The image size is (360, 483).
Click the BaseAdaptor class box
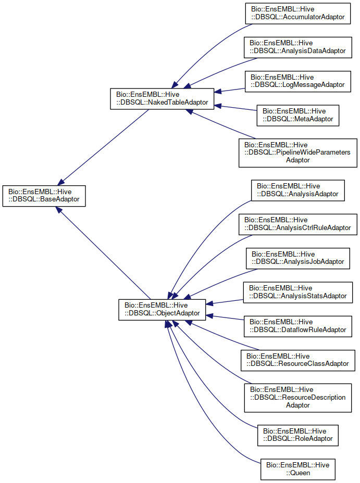pyautogui.click(x=44, y=195)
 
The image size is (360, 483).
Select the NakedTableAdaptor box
pyautogui.click(x=162, y=99)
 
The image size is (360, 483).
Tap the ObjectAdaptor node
pyautogui.click(x=162, y=309)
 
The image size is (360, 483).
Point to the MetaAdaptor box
pyautogui.click(x=298, y=115)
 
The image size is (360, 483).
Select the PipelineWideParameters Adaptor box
pyautogui.click(x=298, y=152)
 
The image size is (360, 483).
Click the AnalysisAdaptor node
pyautogui.click(x=298, y=190)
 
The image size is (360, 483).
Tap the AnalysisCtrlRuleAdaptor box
pyautogui.click(x=298, y=224)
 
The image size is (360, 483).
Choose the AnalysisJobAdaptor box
pyautogui.click(x=298, y=258)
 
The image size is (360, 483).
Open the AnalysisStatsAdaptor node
pyautogui.click(x=298, y=292)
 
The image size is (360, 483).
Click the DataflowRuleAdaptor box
pyautogui.click(x=298, y=325)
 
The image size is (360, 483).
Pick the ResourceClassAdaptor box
pyautogui.click(x=298, y=359)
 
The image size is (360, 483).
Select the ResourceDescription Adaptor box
pyautogui.click(x=298, y=397)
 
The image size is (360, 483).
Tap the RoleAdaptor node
pyautogui.click(x=298, y=435)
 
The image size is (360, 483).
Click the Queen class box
pyautogui.click(x=298, y=468)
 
